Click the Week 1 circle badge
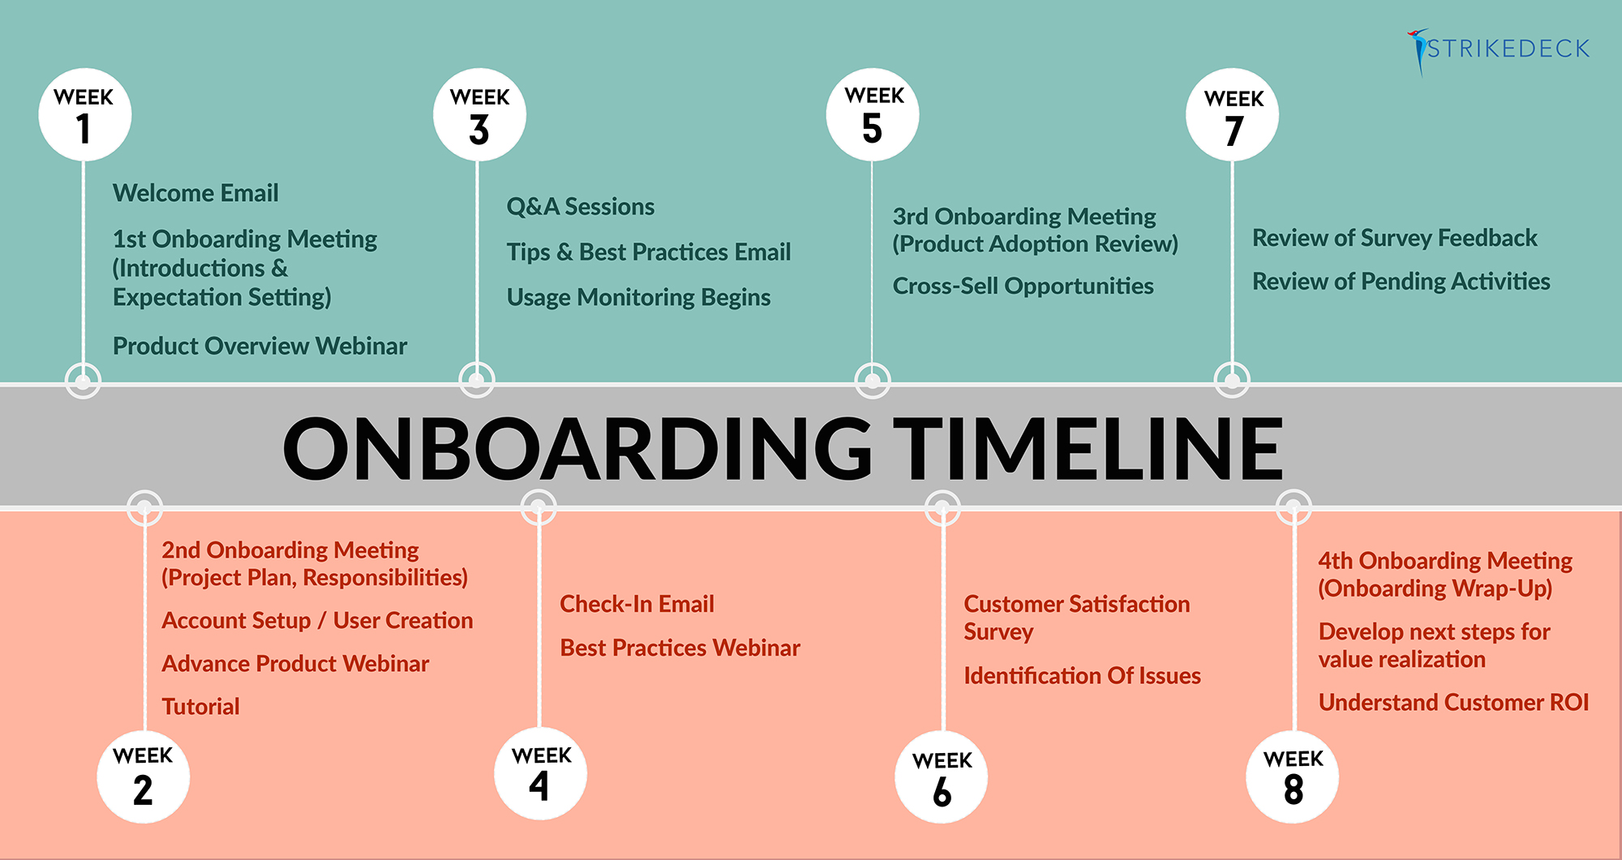point(84,114)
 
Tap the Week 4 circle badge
point(541,773)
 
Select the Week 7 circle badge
point(1232,115)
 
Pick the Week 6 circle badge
point(942,777)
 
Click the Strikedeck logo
point(1498,50)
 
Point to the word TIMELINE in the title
point(1093,448)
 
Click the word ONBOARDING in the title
point(577,448)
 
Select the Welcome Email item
point(195,193)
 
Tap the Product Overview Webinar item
point(260,346)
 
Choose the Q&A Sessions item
point(581,207)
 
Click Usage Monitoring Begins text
point(638,297)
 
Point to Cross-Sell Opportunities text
point(1023,286)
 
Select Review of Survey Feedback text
point(1395,238)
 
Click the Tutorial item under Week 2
point(200,707)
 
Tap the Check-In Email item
point(637,604)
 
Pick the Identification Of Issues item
point(1082,675)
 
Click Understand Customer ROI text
point(1453,702)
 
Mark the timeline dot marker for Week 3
point(477,380)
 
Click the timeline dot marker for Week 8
point(1294,508)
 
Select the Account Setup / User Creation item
point(317,621)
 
